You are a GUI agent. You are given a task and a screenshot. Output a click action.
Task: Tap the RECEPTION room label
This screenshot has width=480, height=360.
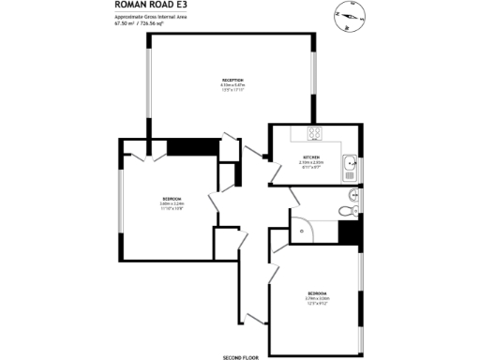point(232,81)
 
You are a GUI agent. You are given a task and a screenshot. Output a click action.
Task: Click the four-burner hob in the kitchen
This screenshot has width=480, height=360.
point(315,132)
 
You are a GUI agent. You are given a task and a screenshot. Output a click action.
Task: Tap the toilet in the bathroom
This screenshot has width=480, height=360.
point(352,195)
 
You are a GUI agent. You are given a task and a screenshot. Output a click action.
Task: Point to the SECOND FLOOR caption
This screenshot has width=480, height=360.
point(239,357)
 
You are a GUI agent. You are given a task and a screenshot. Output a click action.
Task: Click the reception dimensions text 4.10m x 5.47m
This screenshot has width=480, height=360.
point(232,85)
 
